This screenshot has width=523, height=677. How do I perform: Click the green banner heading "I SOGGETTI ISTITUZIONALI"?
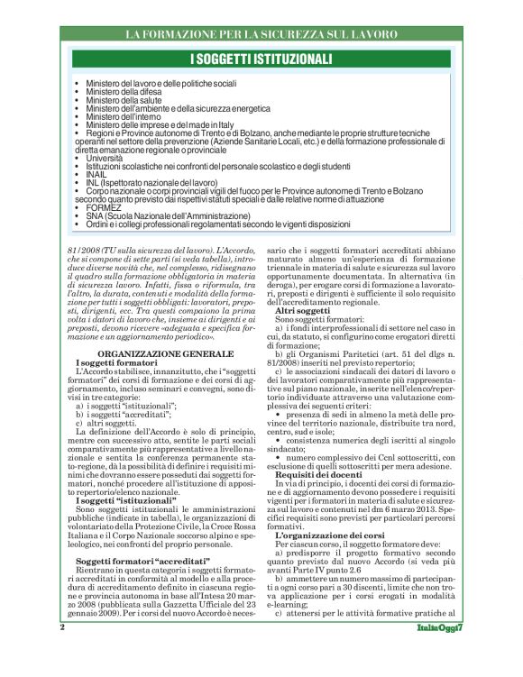261,59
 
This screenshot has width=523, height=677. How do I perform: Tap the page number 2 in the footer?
62,651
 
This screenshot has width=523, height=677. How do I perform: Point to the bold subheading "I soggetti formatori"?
117,337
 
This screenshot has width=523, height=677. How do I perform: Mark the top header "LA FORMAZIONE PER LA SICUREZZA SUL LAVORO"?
261,34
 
